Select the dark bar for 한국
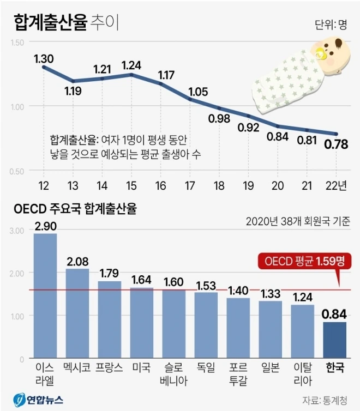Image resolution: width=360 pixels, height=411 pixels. [334, 340]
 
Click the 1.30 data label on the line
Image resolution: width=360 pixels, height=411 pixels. [43, 57]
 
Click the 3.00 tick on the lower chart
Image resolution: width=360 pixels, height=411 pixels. [17, 231]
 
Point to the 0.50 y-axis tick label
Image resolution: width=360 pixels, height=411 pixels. [17, 171]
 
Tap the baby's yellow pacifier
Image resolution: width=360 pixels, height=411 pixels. [320, 53]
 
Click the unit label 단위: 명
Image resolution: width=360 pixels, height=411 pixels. [331, 25]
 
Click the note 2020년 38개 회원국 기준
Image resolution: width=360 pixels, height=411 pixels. [298, 221]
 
